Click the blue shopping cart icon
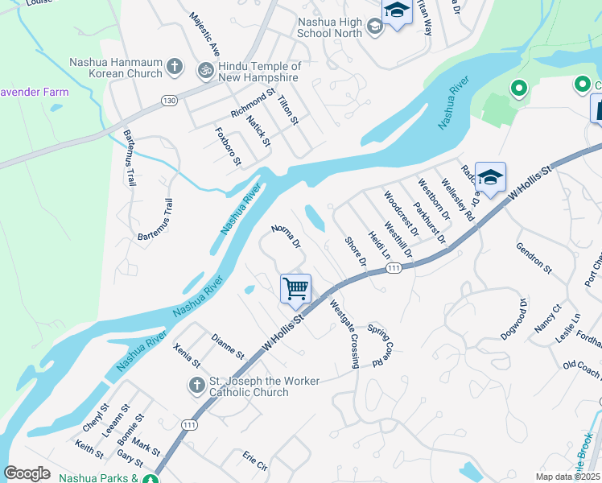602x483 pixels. pyautogui.click(x=296, y=287)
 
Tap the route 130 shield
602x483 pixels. pyautogui.click(x=168, y=100)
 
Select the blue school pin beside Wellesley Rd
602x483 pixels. pyautogui.click(x=489, y=178)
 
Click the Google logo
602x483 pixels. pyautogui.click(x=27, y=473)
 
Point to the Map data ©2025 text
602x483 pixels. pyautogui.click(x=567, y=477)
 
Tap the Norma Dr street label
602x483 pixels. pyautogui.click(x=286, y=237)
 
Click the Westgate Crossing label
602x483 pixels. pyautogui.click(x=344, y=334)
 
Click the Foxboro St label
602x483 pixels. pyautogui.click(x=229, y=146)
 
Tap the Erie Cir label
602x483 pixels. pyautogui.click(x=254, y=461)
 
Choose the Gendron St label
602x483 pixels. pyautogui.click(x=534, y=258)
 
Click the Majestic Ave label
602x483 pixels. pyautogui.click(x=205, y=34)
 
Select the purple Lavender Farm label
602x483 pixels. pyautogui.click(x=35, y=92)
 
